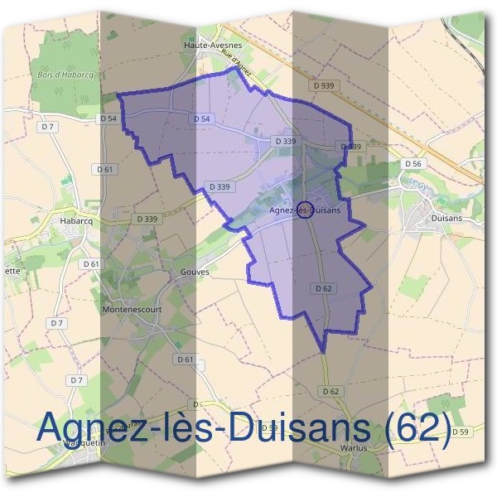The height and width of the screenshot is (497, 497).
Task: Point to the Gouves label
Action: [194, 271]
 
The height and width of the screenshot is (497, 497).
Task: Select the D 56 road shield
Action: [413, 164]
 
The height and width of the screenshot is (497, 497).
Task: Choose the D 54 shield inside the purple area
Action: [201, 119]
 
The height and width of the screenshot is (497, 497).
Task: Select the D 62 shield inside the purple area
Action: [323, 288]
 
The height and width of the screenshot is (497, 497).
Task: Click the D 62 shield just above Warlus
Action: [330, 390]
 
